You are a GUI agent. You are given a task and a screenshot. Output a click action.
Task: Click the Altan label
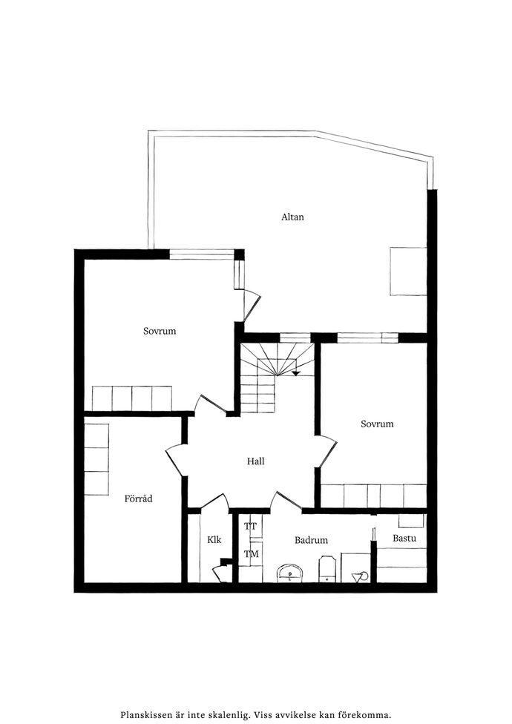pos(292,217)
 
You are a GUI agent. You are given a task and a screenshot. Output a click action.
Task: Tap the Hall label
pos(255,461)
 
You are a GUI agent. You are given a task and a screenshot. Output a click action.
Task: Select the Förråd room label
pos(139,498)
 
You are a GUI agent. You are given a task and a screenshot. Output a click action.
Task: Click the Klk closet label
pos(214,539)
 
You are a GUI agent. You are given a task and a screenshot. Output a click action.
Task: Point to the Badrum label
pos(311,540)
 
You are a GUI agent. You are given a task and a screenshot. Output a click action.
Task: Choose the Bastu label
pos(404,538)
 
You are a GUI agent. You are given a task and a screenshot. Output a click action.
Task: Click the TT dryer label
pos(251,526)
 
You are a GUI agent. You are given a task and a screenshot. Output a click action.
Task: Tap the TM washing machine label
pos(251,553)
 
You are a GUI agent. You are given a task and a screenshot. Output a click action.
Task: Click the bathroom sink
pos(291,573)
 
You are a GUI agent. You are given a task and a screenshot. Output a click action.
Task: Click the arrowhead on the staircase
pos(296,373)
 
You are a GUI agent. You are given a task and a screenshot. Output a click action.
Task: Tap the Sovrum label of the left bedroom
pos(160,331)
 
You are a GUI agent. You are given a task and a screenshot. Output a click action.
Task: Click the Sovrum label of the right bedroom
pos(377,424)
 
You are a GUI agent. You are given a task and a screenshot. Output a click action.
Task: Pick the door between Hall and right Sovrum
pos(327,451)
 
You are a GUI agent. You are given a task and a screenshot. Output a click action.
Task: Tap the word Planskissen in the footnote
pos(142,715)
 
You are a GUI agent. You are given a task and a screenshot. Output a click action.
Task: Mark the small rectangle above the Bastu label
pos(411,521)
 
